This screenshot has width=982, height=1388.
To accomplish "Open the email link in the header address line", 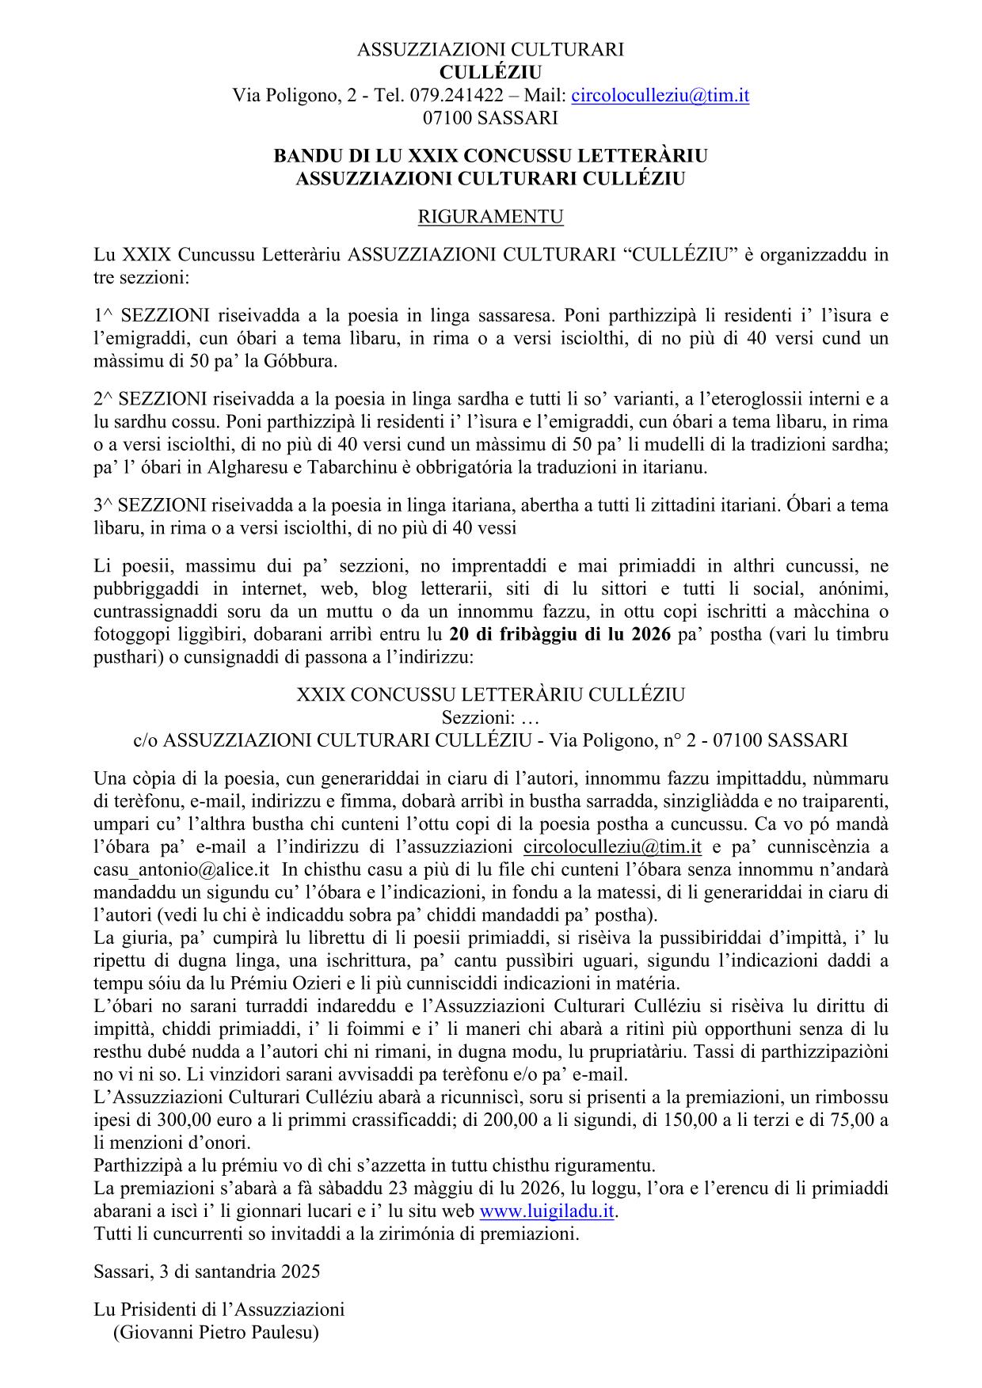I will point(660,96).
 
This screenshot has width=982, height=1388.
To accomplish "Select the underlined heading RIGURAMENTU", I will point(490,217).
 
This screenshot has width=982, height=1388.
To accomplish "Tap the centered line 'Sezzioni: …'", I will point(490,717).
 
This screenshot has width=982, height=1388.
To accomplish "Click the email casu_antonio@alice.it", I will point(183,869).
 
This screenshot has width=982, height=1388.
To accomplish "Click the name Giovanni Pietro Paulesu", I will point(215,1333).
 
